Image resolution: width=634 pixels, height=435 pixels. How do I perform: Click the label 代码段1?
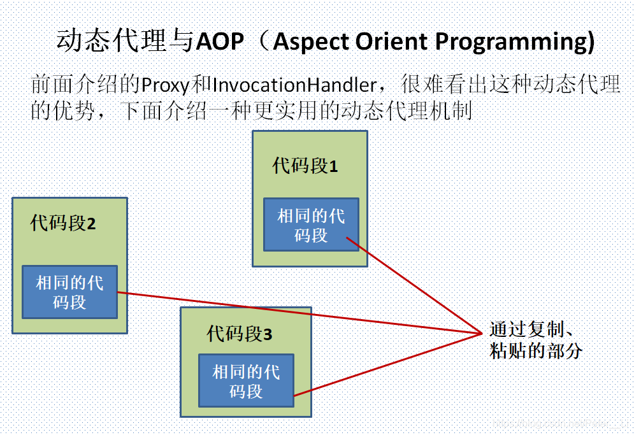[305, 166]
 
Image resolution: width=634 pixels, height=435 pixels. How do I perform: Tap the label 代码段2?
[62, 224]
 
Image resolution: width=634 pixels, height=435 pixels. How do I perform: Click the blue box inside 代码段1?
[311, 225]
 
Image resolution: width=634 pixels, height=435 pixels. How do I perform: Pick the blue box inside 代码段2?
[69, 292]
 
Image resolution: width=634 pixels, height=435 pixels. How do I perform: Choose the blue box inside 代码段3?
[246, 381]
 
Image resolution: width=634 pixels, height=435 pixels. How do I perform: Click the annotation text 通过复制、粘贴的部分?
[535, 340]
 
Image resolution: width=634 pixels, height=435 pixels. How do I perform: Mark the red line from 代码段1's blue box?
[414, 285]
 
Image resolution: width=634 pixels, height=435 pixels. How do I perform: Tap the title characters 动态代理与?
[124, 42]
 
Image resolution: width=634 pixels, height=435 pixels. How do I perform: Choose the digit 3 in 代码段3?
[268, 334]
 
